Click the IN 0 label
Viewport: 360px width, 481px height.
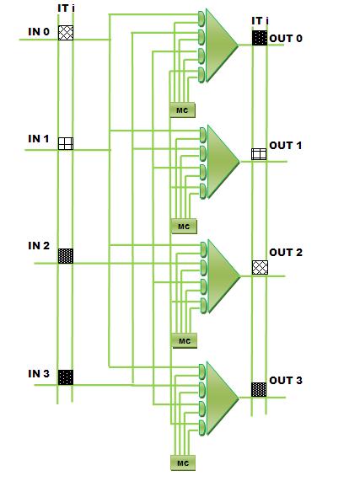click(x=39, y=32)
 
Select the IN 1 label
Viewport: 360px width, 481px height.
click(x=39, y=139)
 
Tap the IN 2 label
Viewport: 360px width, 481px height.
click(x=39, y=246)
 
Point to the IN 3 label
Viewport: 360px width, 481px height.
click(x=39, y=374)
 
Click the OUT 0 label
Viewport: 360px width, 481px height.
click(x=286, y=39)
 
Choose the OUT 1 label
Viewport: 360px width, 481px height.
click(x=286, y=145)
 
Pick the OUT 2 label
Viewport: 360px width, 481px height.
click(x=286, y=252)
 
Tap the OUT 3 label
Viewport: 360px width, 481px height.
click(x=286, y=380)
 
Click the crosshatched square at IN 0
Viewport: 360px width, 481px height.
click(x=66, y=33)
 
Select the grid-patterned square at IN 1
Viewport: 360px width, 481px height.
click(x=66, y=143)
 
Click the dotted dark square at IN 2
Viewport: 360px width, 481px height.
click(x=66, y=256)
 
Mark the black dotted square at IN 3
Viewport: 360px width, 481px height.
click(x=66, y=377)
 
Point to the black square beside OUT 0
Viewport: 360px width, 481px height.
click(x=260, y=38)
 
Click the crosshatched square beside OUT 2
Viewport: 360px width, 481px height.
click(x=260, y=268)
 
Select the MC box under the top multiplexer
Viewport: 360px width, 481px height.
click(x=183, y=110)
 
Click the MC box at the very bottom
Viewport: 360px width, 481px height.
click(x=183, y=462)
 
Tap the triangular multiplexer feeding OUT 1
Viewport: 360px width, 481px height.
click(x=223, y=162)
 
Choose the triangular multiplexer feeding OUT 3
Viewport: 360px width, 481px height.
click(x=223, y=398)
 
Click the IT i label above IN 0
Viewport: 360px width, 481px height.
click(x=66, y=8)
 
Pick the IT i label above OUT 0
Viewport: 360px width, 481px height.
click(x=260, y=21)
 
